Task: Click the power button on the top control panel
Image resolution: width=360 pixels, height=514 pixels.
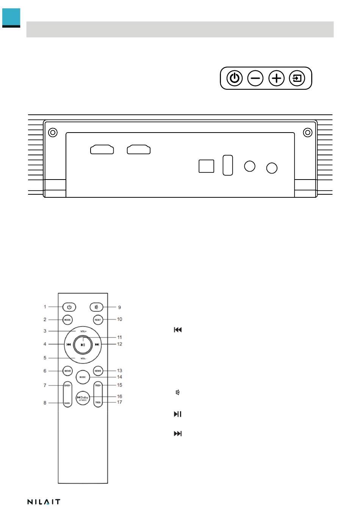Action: point(235,78)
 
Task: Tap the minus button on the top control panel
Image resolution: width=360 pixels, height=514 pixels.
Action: point(255,78)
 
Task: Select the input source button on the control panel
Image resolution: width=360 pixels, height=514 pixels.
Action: point(297,78)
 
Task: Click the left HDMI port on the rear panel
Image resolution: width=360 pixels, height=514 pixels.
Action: point(102,150)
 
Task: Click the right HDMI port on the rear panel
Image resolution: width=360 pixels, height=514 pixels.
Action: point(139,150)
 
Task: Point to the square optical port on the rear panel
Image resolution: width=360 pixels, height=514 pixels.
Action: point(206,166)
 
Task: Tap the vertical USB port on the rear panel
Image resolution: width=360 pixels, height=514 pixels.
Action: point(228,165)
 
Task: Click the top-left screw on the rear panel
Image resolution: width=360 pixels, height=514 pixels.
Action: point(53,133)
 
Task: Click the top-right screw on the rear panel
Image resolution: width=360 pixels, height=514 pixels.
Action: point(308,133)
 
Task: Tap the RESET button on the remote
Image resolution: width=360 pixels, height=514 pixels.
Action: point(98,320)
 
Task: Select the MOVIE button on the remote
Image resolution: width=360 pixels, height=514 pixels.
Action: point(67,371)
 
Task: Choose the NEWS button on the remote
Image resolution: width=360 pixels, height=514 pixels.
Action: point(98,371)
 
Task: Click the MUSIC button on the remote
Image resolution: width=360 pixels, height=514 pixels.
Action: point(83,377)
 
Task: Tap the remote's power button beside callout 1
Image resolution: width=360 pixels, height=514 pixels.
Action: point(69,307)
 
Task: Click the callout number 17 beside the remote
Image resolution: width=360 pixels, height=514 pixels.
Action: point(119,402)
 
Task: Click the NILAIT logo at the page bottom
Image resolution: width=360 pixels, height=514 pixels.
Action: point(44,502)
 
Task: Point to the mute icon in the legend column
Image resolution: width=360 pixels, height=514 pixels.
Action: point(177,393)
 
